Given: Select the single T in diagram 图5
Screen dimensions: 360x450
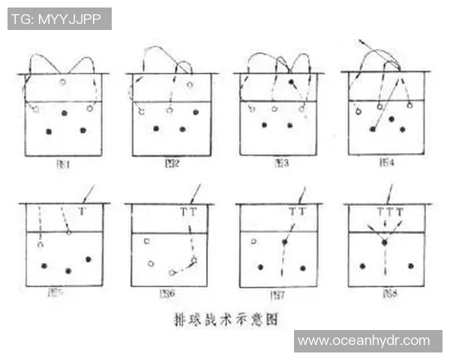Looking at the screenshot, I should (82, 212).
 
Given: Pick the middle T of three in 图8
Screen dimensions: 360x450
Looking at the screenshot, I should (388, 212).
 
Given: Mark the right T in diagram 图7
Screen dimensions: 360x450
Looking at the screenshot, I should (301, 212).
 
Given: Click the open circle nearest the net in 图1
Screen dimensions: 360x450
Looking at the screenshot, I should (63, 82).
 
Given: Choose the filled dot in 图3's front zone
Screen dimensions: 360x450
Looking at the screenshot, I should (291, 81).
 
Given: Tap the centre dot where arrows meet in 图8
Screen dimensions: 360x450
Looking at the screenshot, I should (385, 243).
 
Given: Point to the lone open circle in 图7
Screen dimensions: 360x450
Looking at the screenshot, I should (254, 241).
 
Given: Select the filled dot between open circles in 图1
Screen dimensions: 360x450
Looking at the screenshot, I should (64, 113).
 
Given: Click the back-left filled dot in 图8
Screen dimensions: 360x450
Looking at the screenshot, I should (362, 265).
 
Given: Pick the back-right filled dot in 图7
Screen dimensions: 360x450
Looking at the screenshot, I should (304, 266).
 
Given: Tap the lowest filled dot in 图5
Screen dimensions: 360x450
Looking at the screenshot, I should (68, 271).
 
